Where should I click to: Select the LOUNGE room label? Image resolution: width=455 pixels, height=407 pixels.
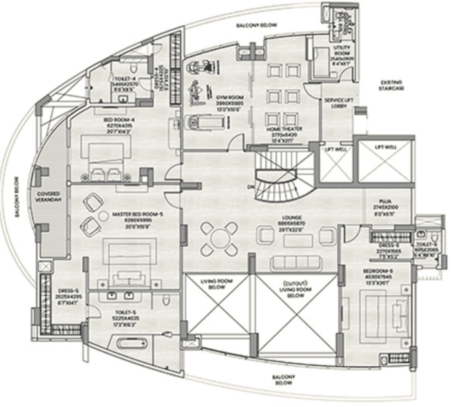[294, 218]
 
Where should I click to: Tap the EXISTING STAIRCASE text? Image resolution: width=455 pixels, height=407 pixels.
[393, 85]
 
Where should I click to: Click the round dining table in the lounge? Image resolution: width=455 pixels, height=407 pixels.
[219, 237]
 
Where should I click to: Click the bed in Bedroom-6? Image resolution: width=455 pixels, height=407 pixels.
[386, 311]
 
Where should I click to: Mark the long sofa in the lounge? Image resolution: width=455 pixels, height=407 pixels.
[296, 263]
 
